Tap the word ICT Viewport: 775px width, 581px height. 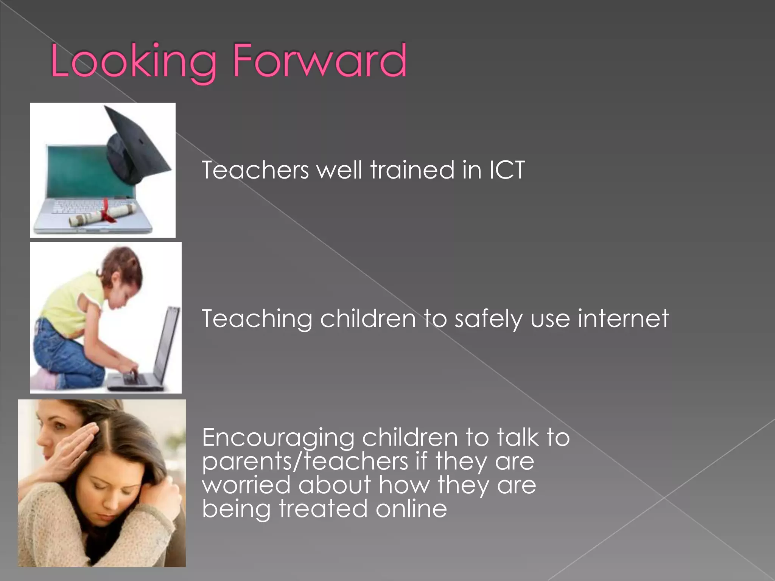pos(507,170)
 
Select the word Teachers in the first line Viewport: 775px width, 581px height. pos(255,170)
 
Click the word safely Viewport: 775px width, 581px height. pos(488,319)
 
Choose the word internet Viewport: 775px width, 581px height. pos(623,318)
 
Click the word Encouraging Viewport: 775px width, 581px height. pos(278,438)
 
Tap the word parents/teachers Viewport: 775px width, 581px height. pos(305,462)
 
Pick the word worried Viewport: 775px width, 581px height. pos(246,485)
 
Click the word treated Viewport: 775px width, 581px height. pos(323,509)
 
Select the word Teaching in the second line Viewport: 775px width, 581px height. pos(257,319)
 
